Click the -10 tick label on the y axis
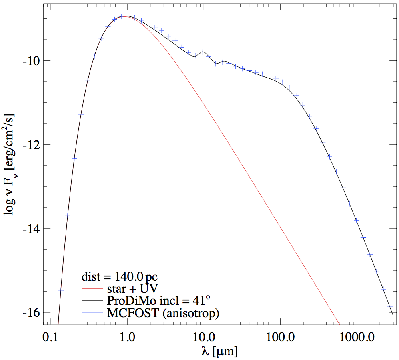pos(31,62)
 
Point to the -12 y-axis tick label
pos(31,145)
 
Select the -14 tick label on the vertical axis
pos(31,229)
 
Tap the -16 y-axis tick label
pos(31,313)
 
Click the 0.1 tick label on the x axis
pos(51,337)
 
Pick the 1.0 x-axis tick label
pos(127,337)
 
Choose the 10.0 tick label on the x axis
pos(204,337)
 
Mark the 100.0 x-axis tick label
pos(280,337)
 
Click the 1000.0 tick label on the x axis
pos(357,337)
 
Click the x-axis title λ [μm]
pos(219,351)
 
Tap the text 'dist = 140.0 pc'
pos(120,276)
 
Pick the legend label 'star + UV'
pos(132,289)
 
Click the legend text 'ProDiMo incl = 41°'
pos(158,300)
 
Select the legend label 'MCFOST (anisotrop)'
pos(163,313)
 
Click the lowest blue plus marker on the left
pos(61,291)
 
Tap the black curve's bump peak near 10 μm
pos(203,52)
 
